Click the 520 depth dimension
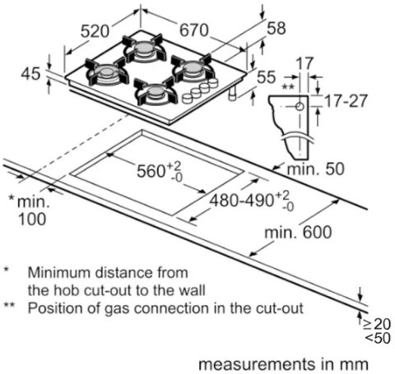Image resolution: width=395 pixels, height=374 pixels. [95, 31]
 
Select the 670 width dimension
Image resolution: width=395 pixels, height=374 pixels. [194, 30]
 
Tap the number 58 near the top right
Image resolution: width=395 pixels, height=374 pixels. [276, 28]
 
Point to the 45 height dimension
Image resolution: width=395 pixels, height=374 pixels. [30, 74]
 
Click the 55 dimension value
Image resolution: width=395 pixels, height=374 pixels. [266, 77]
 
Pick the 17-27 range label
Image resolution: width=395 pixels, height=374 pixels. [346, 101]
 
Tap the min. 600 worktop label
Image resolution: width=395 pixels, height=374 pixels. [298, 233]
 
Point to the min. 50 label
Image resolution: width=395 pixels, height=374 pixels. [315, 169]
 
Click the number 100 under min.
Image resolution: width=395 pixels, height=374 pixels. [32, 219]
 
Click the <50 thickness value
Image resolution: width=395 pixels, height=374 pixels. [378, 338]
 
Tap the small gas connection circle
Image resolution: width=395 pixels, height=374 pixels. [300, 106]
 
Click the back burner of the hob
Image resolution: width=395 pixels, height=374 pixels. [144, 48]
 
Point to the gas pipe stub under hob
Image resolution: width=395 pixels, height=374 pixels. [233, 95]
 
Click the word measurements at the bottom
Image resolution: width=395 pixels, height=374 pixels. [258, 364]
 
